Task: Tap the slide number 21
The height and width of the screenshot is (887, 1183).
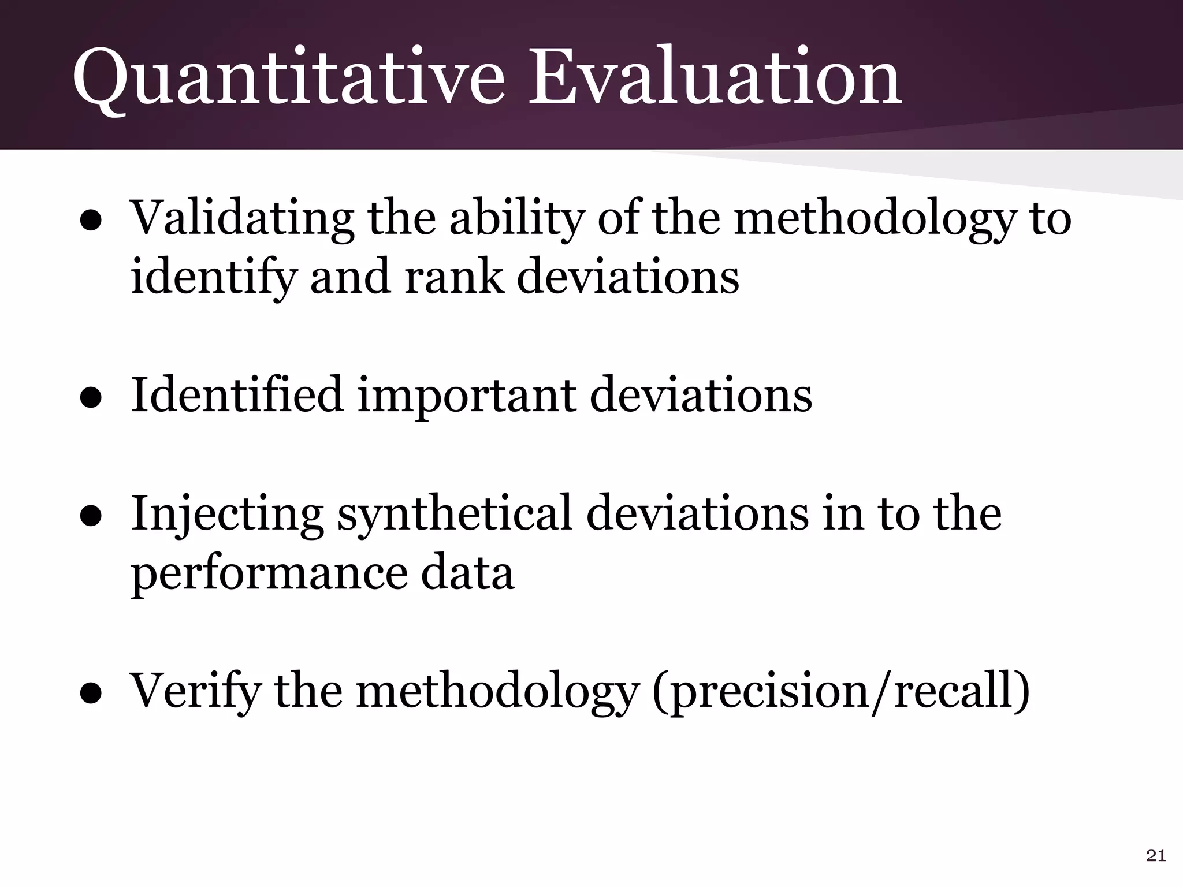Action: point(1155,856)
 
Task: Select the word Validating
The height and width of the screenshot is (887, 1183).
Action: point(242,219)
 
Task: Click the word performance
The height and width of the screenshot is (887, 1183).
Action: point(269,574)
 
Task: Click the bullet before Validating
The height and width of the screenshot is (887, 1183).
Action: point(91,222)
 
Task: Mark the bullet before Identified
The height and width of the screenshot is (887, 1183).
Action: point(91,398)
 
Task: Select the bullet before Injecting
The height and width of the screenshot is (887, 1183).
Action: point(91,516)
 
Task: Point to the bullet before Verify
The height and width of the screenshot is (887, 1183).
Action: point(91,693)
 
